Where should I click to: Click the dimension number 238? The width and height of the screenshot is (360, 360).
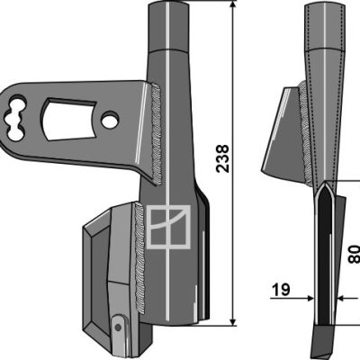pos(222,158)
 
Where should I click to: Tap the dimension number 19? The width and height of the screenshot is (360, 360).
pos(281,290)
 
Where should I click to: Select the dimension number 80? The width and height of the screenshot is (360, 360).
pos(355,254)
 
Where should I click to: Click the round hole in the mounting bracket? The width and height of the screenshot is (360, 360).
pos(110,120)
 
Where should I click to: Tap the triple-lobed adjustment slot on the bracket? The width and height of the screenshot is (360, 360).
pos(15,118)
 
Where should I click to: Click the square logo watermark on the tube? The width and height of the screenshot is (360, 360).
pos(168,227)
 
